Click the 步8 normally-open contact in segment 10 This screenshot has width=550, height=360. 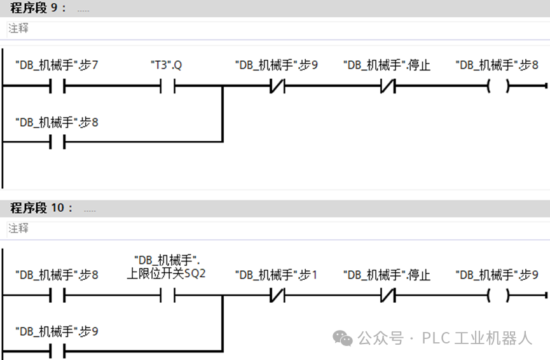tap(58, 296)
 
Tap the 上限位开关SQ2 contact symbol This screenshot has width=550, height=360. tap(167, 296)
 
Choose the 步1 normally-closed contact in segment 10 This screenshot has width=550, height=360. tap(276, 296)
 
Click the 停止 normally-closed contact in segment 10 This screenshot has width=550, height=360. tap(387, 296)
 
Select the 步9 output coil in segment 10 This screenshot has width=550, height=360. tap(498, 296)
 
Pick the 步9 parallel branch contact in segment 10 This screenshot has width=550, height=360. tap(58, 351)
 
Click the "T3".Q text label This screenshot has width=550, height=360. tap(167, 65)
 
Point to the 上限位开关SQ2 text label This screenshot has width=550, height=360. tap(167, 273)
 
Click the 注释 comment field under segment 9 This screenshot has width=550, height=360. tap(254, 29)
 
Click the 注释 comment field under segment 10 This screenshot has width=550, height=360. tap(254, 228)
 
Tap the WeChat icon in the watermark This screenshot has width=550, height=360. tap(343, 338)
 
